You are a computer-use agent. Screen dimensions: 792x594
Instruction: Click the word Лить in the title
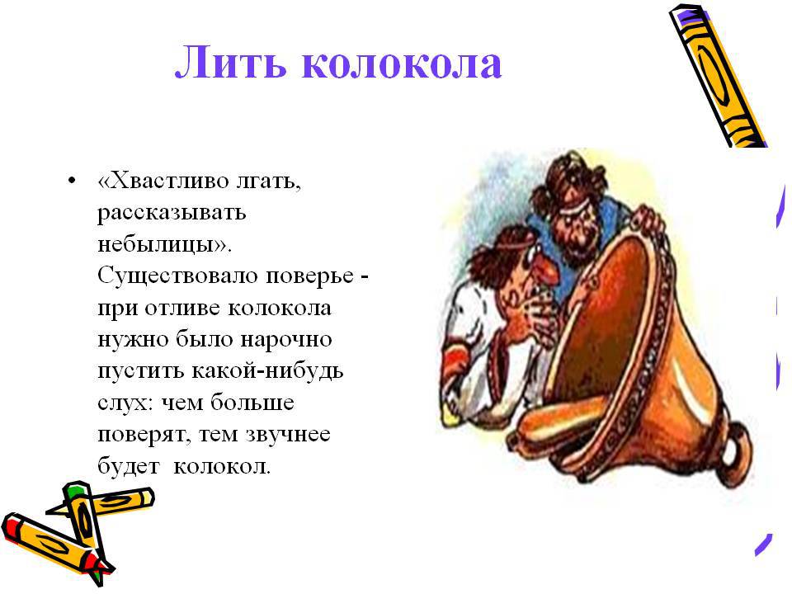230,64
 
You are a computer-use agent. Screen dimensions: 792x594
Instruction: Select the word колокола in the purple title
402,64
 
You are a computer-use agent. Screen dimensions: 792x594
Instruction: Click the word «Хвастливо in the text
164,181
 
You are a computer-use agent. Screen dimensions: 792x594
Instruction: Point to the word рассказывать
172,213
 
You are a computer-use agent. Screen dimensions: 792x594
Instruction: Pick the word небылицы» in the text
165,244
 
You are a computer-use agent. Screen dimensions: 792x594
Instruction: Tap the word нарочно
286,340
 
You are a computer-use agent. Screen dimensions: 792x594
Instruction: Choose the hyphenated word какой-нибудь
267,371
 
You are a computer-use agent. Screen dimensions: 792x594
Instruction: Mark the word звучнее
289,435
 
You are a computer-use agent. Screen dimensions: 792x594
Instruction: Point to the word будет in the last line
129,466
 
